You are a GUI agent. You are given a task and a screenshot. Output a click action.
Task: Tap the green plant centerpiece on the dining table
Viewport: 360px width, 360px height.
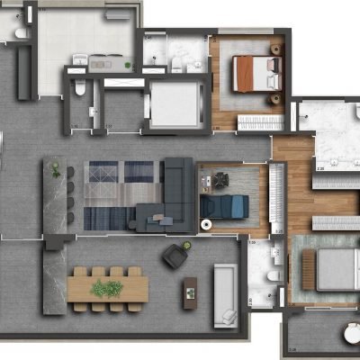click(107, 288)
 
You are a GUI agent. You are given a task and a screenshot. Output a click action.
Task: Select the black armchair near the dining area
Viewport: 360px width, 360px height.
click(174, 256)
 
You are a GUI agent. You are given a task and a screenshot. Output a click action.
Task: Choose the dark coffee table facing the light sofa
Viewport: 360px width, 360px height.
click(190, 289)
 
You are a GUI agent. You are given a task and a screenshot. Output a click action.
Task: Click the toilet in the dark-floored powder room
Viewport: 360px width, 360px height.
click(80, 88)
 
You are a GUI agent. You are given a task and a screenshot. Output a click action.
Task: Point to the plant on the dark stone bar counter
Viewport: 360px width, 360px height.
click(57, 169)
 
